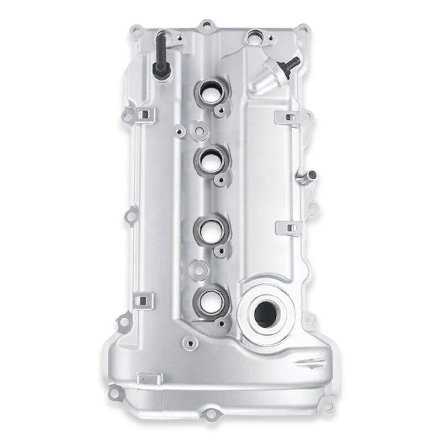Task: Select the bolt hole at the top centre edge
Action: (207, 25)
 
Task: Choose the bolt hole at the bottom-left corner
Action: (114, 393)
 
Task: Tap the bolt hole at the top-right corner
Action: (301, 27)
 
